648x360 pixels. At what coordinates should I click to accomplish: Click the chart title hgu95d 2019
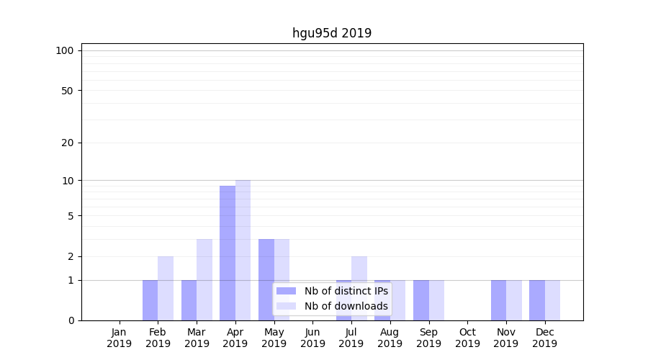click(x=332, y=33)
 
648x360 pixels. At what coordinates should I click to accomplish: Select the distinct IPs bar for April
click(x=228, y=253)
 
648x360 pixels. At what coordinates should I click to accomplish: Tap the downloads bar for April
click(x=243, y=250)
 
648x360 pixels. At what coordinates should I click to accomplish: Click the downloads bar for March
click(x=204, y=279)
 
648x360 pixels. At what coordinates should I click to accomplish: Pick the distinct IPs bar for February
click(x=150, y=300)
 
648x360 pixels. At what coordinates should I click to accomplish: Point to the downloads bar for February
click(x=166, y=288)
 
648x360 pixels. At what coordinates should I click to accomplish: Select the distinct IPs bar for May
click(x=266, y=279)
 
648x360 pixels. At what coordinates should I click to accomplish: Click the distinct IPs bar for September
click(x=421, y=300)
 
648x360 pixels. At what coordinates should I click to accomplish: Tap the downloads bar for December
click(x=552, y=300)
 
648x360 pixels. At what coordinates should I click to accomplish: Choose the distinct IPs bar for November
click(x=498, y=300)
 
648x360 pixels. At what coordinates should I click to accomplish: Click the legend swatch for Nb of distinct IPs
click(x=287, y=291)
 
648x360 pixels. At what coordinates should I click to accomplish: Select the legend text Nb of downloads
click(x=346, y=306)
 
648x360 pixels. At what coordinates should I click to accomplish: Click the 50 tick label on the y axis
click(x=68, y=91)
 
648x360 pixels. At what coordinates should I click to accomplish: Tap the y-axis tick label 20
click(x=68, y=143)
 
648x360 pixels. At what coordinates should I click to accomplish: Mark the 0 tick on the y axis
click(x=71, y=320)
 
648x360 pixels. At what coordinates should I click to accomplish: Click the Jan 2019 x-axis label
click(x=120, y=338)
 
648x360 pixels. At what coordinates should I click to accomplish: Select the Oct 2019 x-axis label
click(x=467, y=338)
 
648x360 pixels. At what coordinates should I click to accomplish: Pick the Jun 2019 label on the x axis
click(x=312, y=338)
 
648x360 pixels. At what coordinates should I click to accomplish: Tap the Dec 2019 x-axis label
click(x=545, y=338)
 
